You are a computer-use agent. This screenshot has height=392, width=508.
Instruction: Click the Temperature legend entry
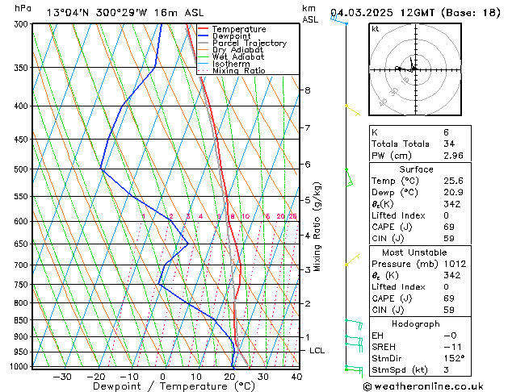tap(239, 29)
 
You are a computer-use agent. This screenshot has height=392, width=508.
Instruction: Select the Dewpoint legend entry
tap(234, 36)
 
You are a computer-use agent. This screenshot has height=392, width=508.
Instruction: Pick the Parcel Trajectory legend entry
tap(249, 44)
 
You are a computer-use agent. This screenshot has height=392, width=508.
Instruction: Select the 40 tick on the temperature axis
tap(296, 377)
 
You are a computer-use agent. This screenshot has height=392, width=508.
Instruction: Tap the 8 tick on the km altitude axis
tap(308, 90)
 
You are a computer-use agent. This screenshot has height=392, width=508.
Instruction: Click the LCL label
tap(317, 351)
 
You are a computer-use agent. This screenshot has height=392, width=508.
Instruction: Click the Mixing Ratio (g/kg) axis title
tap(317, 227)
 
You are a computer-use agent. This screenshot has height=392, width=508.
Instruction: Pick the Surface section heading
tap(416, 169)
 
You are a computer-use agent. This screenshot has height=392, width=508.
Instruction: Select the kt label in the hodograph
tap(375, 29)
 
